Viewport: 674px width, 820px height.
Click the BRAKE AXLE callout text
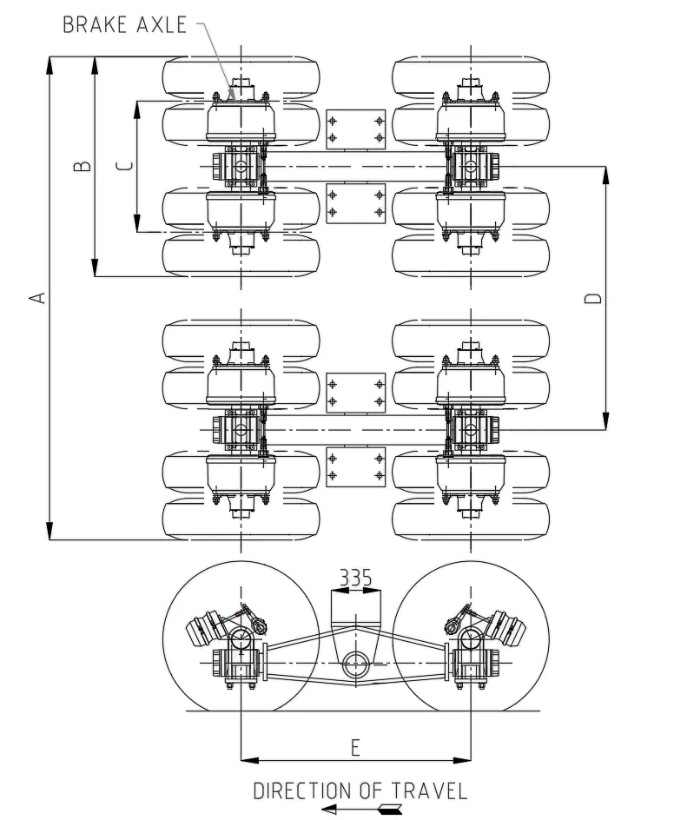pyautogui.click(x=124, y=24)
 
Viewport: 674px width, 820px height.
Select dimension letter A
pyautogui.click(x=36, y=298)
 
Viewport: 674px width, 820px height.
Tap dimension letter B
pyautogui.click(x=83, y=166)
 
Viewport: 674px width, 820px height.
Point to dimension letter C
pyautogui.click(x=124, y=166)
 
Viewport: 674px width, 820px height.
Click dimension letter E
pyautogui.click(x=355, y=748)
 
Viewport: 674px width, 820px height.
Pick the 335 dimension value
pyautogui.click(x=355, y=578)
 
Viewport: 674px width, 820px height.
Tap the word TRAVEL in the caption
pyautogui.click(x=429, y=791)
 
